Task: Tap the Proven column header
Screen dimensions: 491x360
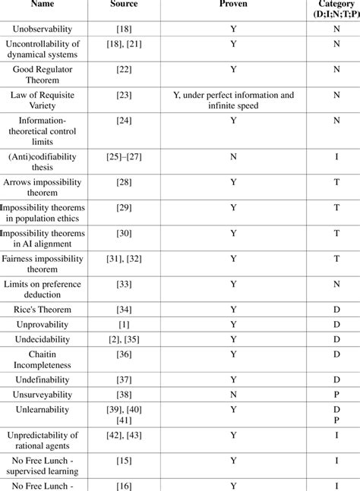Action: point(233,5)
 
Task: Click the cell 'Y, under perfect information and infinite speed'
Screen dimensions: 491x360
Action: point(233,101)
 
